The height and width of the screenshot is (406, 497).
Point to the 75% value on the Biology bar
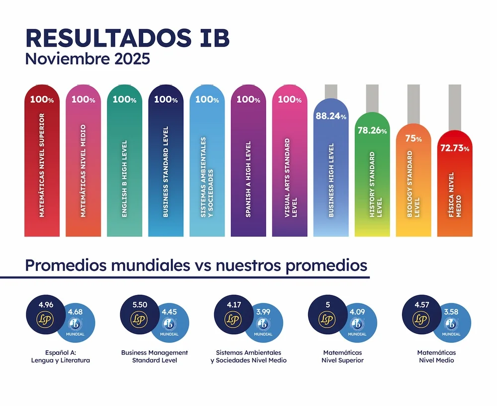click(x=413, y=138)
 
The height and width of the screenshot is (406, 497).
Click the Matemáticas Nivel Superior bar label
click(x=42, y=165)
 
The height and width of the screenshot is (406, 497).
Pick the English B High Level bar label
click(x=124, y=179)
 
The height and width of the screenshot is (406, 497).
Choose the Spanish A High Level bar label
click(x=248, y=179)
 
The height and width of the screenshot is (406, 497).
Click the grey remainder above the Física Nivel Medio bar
click(x=455, y=107)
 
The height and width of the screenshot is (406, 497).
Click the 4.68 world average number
click(x=76, y=312)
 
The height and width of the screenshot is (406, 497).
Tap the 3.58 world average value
click(x=451, y=312)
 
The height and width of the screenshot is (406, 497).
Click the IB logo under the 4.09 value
click(x=357, y=324)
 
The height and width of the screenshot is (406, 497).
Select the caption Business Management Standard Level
click(x=155, y=356)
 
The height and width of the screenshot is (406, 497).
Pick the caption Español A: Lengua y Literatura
click(x=61, y=356)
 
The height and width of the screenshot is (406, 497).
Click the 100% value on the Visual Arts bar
click(x=289, y=99)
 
